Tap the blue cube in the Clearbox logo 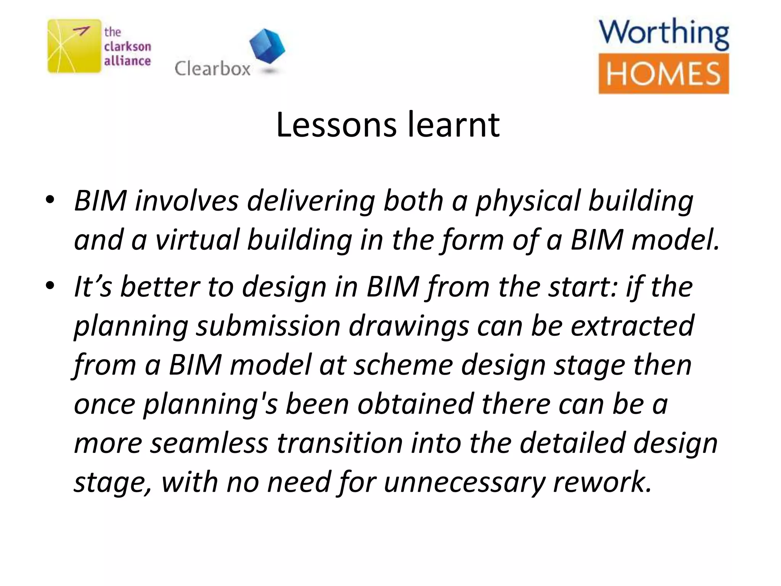pos(267,46)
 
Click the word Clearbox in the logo pos(212,69)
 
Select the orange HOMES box pos(664,74)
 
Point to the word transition pos(339,443)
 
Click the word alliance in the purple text pos(127,61)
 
